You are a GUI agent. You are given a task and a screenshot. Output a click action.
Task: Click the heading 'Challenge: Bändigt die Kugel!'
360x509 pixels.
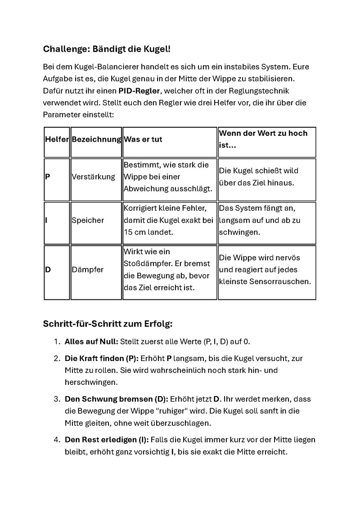(x=107, y=49)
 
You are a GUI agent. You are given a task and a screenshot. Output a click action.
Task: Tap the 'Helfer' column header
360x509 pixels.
(x=57, y=139)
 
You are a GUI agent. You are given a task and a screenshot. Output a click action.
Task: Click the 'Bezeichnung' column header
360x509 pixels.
(x=96, y=139)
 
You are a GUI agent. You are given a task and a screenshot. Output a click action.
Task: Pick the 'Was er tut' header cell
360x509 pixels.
(x=143, y=139)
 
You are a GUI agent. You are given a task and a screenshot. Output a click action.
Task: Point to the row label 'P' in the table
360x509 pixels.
(x=47, y=177)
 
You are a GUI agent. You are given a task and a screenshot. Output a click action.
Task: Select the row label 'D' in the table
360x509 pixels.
(x=47, y=270)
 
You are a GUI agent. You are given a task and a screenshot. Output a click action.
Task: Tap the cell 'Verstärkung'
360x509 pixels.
(x=93, y=177)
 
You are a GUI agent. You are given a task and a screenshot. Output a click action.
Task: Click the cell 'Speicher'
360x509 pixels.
(x=88, y=220)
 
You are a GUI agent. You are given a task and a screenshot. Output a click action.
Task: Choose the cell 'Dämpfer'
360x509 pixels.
(x=87, y=270)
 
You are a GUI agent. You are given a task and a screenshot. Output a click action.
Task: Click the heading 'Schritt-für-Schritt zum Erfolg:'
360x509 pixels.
(x=108, y=324)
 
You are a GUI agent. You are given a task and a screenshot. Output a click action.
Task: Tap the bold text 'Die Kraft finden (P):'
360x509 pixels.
(x=102, y=358)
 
